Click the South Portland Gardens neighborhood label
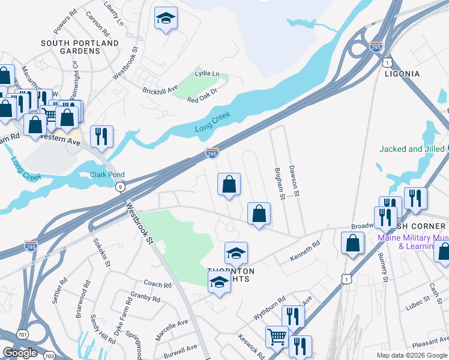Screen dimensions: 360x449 [80, 47]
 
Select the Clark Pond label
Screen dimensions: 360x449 [107, 175]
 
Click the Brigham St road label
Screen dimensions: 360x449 [279, 182]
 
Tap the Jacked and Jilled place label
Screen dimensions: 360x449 [412, 149]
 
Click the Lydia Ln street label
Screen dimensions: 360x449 [208, 73]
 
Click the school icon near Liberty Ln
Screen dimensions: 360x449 [166, 19]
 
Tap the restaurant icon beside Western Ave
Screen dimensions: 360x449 [101, 136]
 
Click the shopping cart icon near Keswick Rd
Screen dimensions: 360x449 [277, 337]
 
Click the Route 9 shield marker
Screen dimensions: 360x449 [121, 188]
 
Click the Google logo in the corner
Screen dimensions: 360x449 [20, 353]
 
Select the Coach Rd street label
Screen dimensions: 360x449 [157, 284]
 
